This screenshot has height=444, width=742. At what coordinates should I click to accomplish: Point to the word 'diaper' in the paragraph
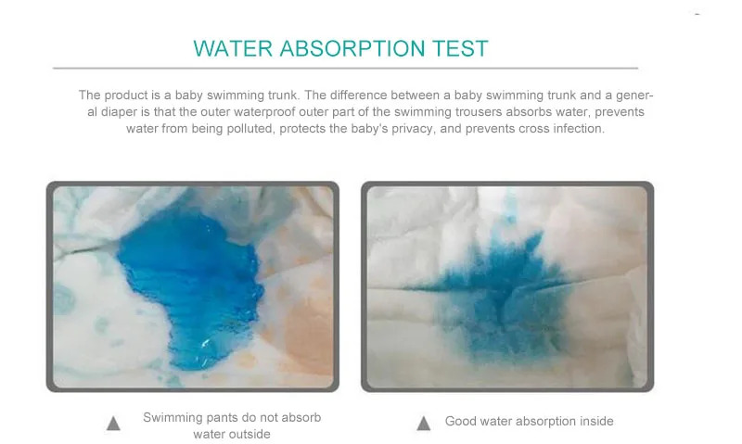pyautogui.click(x=109, y=111)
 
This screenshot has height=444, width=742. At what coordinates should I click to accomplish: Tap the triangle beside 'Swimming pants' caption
pyautogui.click(x=114, y=424)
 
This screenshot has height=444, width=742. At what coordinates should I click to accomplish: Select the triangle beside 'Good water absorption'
pyautogui.click(x=424, y=423)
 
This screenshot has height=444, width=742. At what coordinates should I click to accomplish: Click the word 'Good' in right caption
pyautogui.click(x=461, y=421)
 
